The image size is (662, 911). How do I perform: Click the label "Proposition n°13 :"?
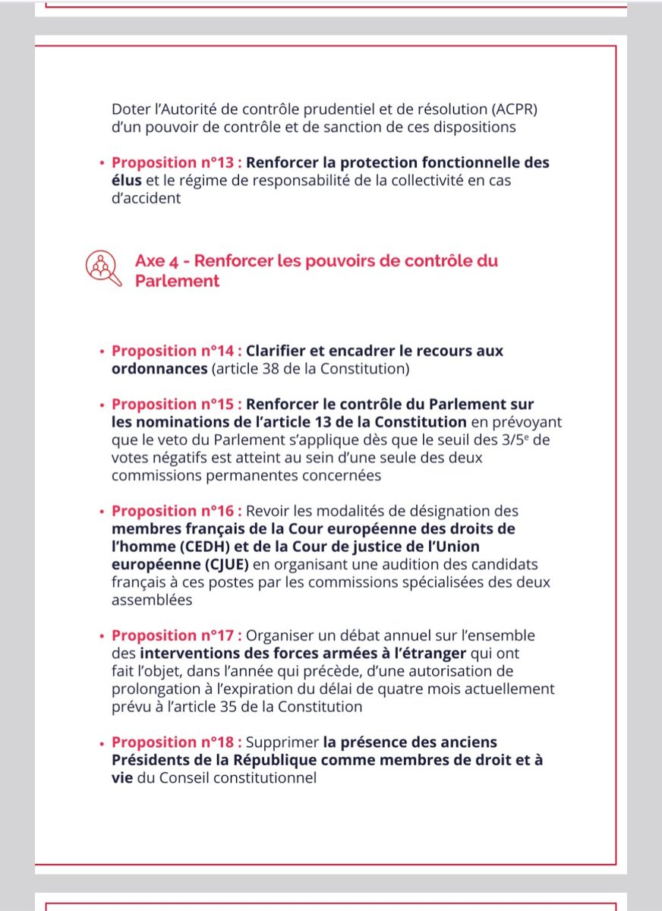(x=177, y=163)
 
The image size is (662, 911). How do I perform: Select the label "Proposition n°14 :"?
(x=177, y=351)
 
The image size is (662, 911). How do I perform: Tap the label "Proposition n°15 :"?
(x=177, y=403)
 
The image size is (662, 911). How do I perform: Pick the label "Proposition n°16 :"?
(x=177, y=512)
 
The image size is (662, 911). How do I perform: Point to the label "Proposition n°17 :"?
(x=177, y=635)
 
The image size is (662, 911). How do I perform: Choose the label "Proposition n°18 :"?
(x=177, y=742)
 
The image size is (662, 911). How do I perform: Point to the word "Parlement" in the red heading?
(x=177, y=281)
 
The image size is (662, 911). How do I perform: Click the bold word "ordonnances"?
(x=159, y=370)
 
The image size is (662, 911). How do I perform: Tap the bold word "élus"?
(x=126, y=181)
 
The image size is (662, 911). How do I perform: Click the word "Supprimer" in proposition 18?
(x=282, y=742)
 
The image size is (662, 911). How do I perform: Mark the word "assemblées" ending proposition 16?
(x=150, y=601)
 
